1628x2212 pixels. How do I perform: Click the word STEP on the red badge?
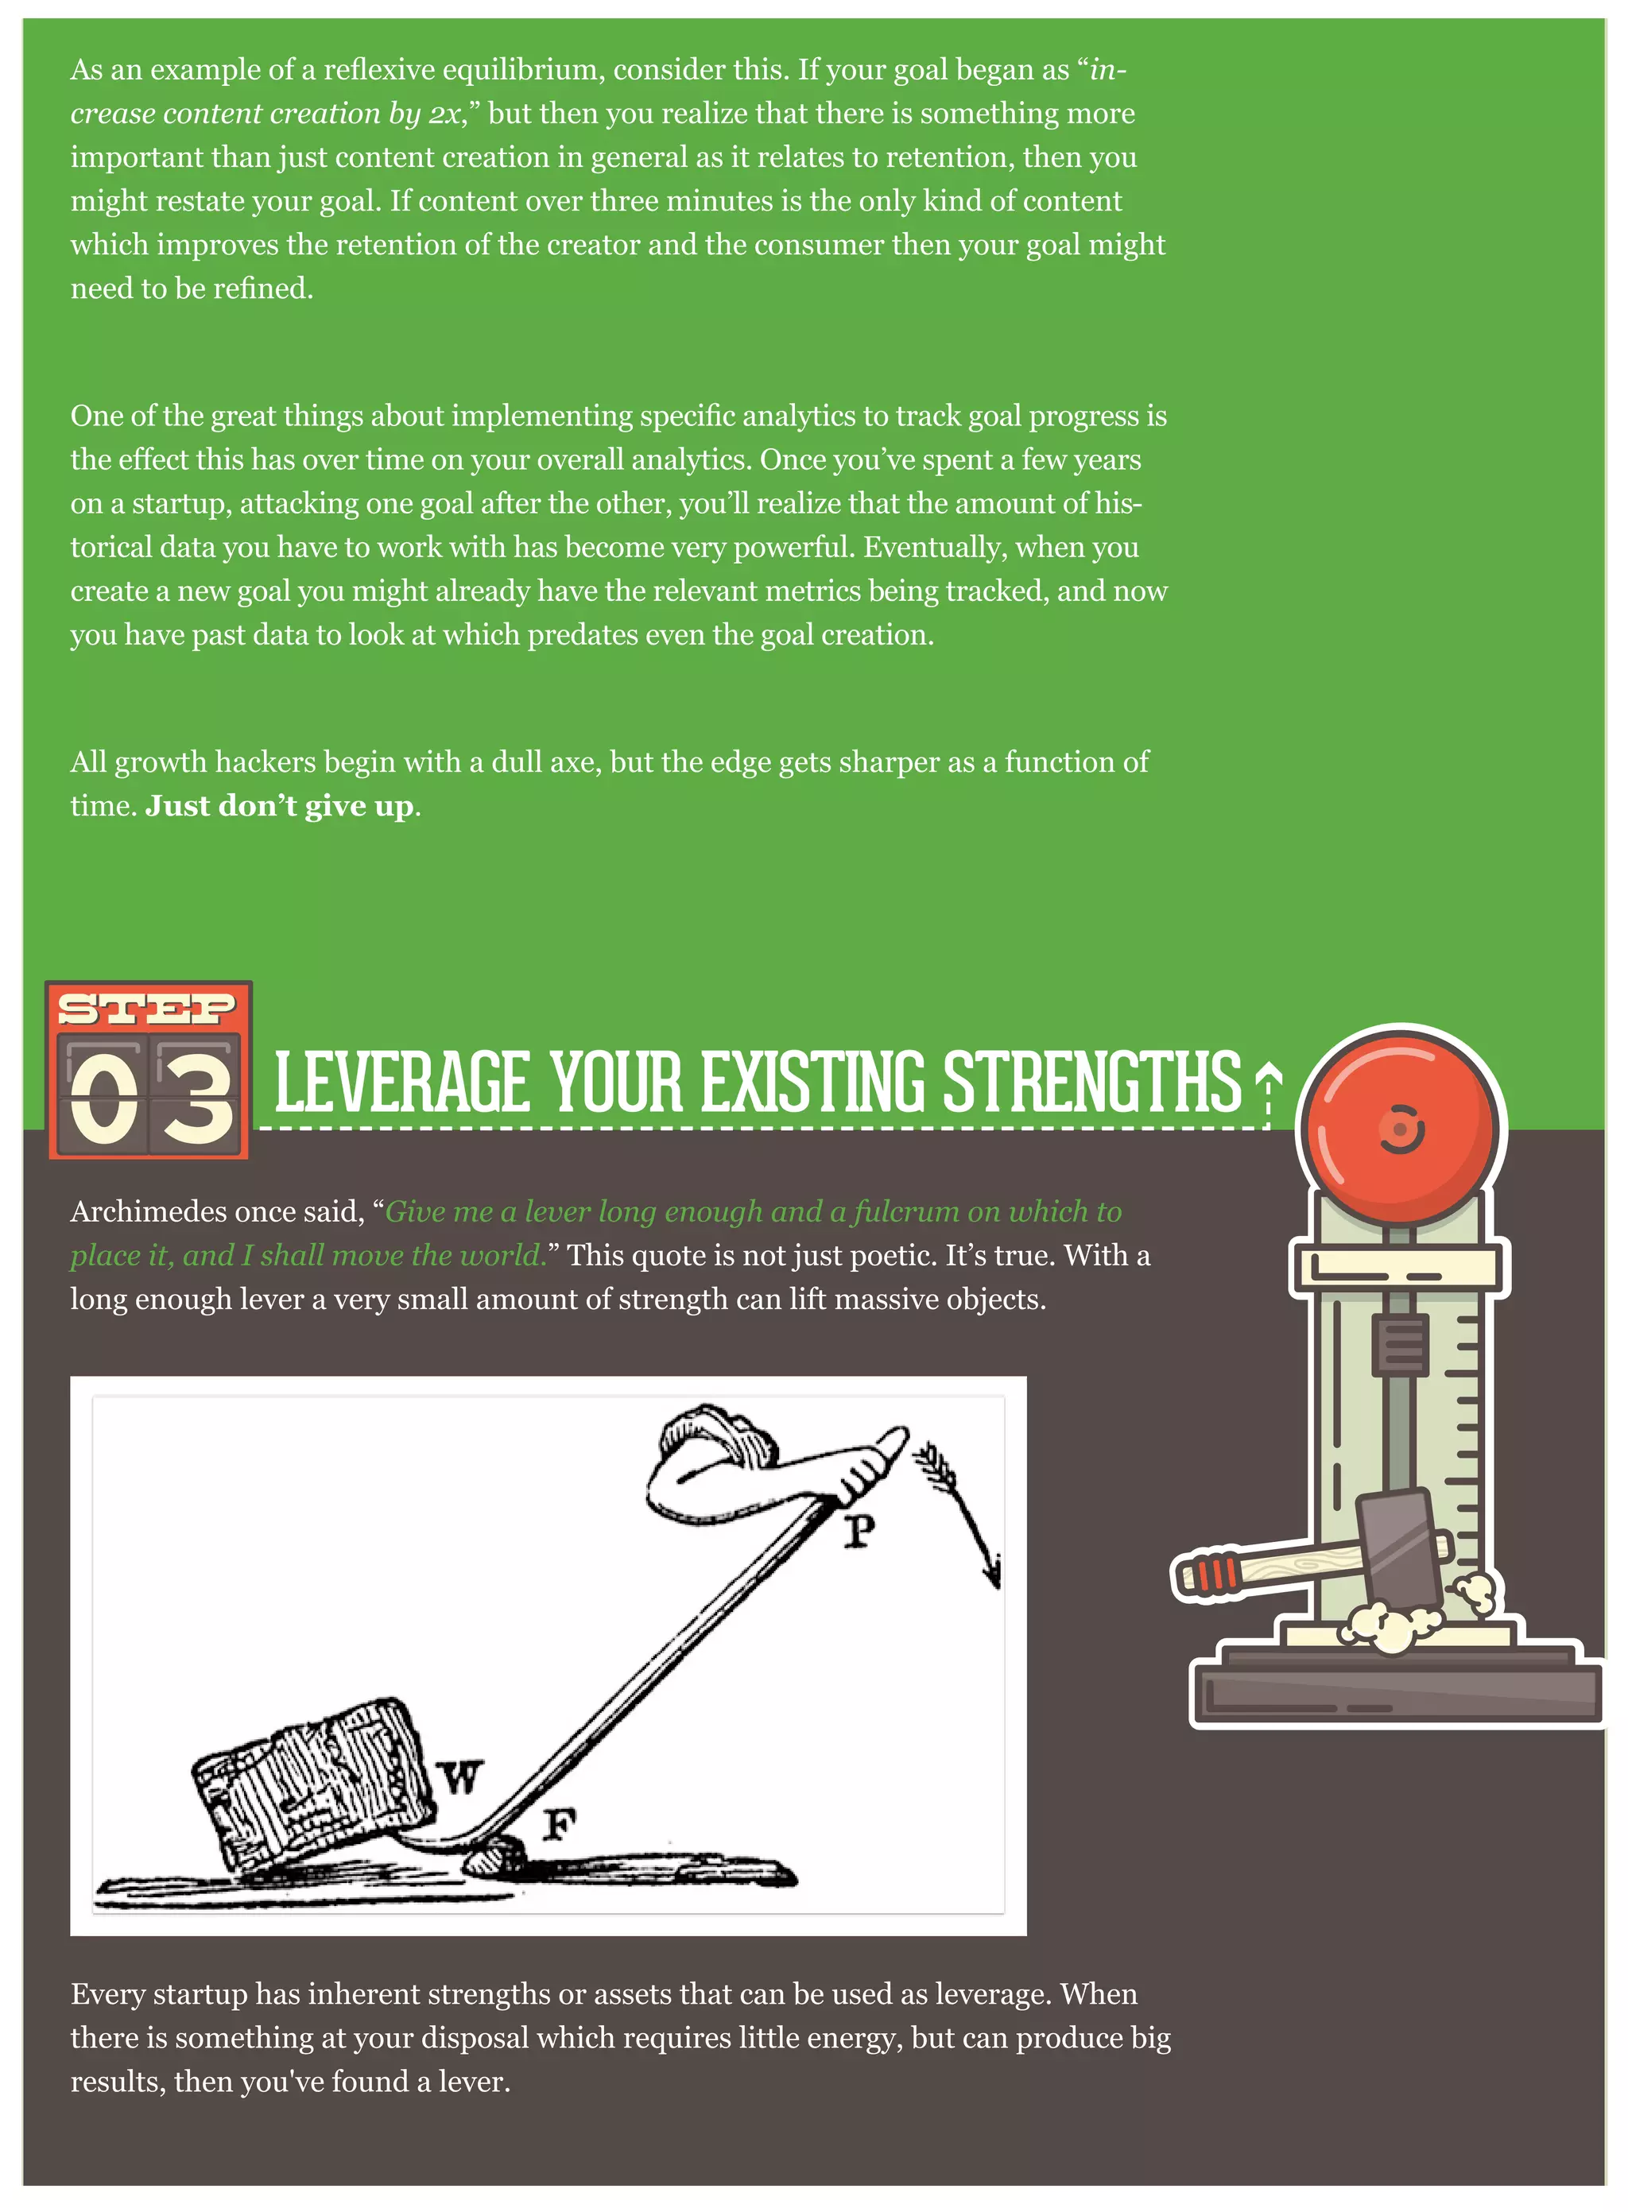147,1008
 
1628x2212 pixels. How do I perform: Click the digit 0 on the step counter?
103,1098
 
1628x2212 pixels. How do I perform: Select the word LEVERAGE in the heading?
401,1082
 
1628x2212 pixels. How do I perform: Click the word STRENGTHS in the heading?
1092,1082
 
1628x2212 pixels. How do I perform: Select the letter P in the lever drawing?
859,1530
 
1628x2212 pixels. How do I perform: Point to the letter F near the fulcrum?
559,1825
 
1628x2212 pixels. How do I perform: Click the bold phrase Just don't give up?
280,806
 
